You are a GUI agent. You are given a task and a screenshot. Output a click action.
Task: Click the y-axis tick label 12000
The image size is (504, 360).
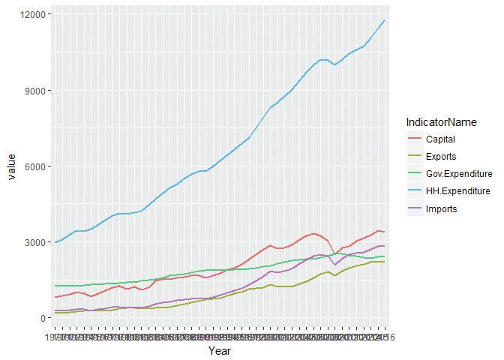[34, 15]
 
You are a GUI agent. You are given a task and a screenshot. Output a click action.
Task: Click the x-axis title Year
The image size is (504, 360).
[220, 350]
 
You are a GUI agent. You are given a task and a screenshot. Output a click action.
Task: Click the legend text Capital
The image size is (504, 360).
[441, 139]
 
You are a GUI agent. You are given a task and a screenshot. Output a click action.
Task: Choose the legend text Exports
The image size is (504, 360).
[442, 157]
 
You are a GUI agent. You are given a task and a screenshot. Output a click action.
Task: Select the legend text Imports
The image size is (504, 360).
[442, 208]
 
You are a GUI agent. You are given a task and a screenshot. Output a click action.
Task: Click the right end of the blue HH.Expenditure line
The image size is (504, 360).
[385, 20]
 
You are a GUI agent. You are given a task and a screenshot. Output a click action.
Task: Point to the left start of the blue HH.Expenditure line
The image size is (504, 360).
[55, 242]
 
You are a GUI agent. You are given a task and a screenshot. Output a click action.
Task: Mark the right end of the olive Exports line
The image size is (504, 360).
[385, 262]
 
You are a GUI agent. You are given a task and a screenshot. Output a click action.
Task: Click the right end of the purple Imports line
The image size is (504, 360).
[385, 246]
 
